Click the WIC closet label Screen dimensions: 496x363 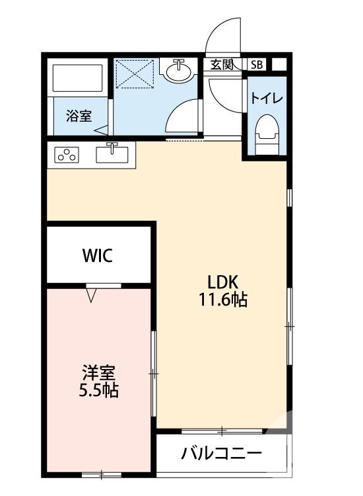(x=97, y=255)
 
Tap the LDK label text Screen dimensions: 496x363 (x=223, y=280)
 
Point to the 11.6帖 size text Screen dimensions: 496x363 (x=223, y=300)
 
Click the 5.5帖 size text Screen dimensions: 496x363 (x=100, y=390)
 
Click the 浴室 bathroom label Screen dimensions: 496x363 (x=79, y=116)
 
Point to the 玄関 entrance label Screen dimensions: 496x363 (x=222, y=64)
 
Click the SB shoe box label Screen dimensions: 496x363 (x=256, y=64)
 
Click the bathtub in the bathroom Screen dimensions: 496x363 (x=78, y=79)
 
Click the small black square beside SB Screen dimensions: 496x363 (x=279, y=64)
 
